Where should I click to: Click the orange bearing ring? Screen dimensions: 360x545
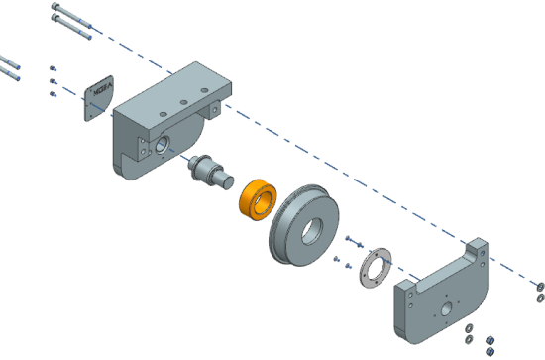tap(257, 198)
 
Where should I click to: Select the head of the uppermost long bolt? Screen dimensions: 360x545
tap(54, 7)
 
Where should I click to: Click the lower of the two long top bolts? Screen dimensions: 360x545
tap(75, 30)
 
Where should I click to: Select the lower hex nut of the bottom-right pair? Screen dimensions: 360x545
tap(488, 350)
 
